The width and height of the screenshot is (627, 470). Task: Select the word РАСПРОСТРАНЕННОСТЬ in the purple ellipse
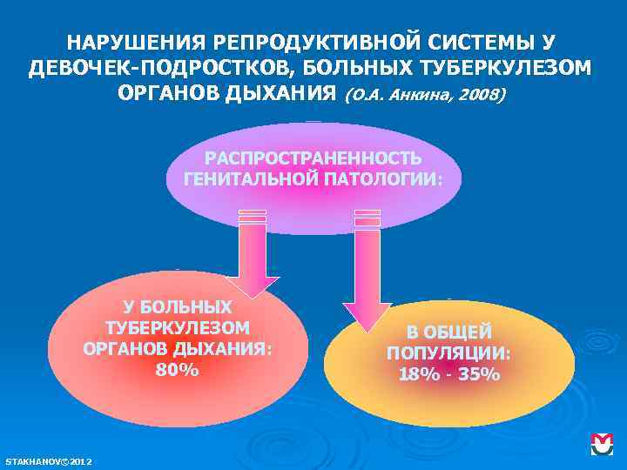coord(313,159)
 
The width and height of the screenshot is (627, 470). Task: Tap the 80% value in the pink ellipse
coord(177,370)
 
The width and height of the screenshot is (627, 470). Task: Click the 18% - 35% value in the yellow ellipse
coord(449,375)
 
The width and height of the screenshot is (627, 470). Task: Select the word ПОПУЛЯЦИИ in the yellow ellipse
coord(449,353)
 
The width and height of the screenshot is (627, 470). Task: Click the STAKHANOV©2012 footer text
coord(50,460)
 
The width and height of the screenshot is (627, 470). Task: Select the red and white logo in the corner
coord(603,444)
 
